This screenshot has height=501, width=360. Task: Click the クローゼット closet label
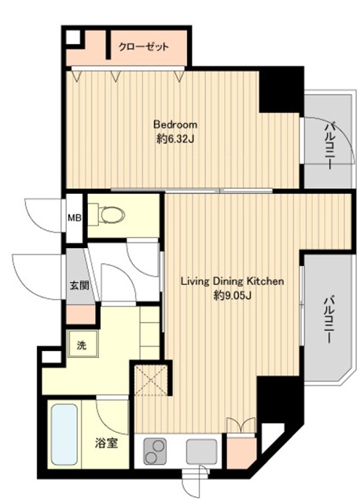click(143, 47)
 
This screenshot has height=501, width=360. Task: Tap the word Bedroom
click(174, 125)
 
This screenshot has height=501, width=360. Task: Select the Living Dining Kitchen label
click(227, 281)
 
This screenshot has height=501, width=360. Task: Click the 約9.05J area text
click(227, 296)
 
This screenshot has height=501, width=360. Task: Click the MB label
click(73, 217)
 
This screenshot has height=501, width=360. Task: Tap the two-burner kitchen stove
click(155, 451)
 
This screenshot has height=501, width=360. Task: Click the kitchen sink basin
click(201, 450)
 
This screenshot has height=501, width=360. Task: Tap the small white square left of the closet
click(72, 36)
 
